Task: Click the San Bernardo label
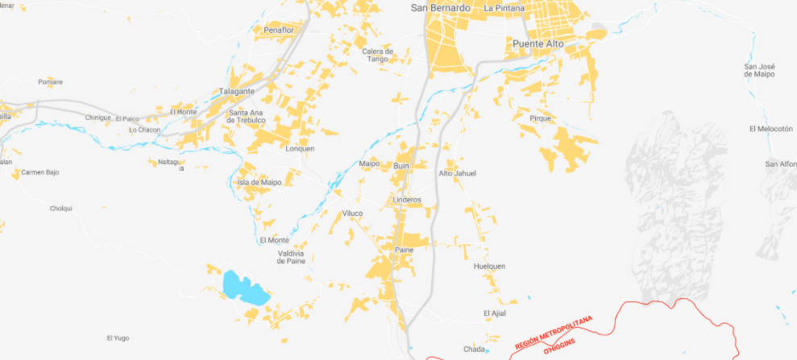click(440, 8)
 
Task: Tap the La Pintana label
click(504, 8)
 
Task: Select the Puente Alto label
click(538, 43)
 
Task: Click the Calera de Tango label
click(377, 55)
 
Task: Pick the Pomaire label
click(50, 81)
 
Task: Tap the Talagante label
click(237, 91)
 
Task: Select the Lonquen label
click(300, 148)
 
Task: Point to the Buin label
click(402, 166)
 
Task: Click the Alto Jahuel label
click(457, 173)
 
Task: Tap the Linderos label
click(407, 199)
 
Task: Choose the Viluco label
click(353, 213)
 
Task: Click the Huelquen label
click(489, 266)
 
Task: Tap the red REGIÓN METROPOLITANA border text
click(553, 331)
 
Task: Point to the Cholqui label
click(61, 208)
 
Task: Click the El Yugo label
click(118, 338)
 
